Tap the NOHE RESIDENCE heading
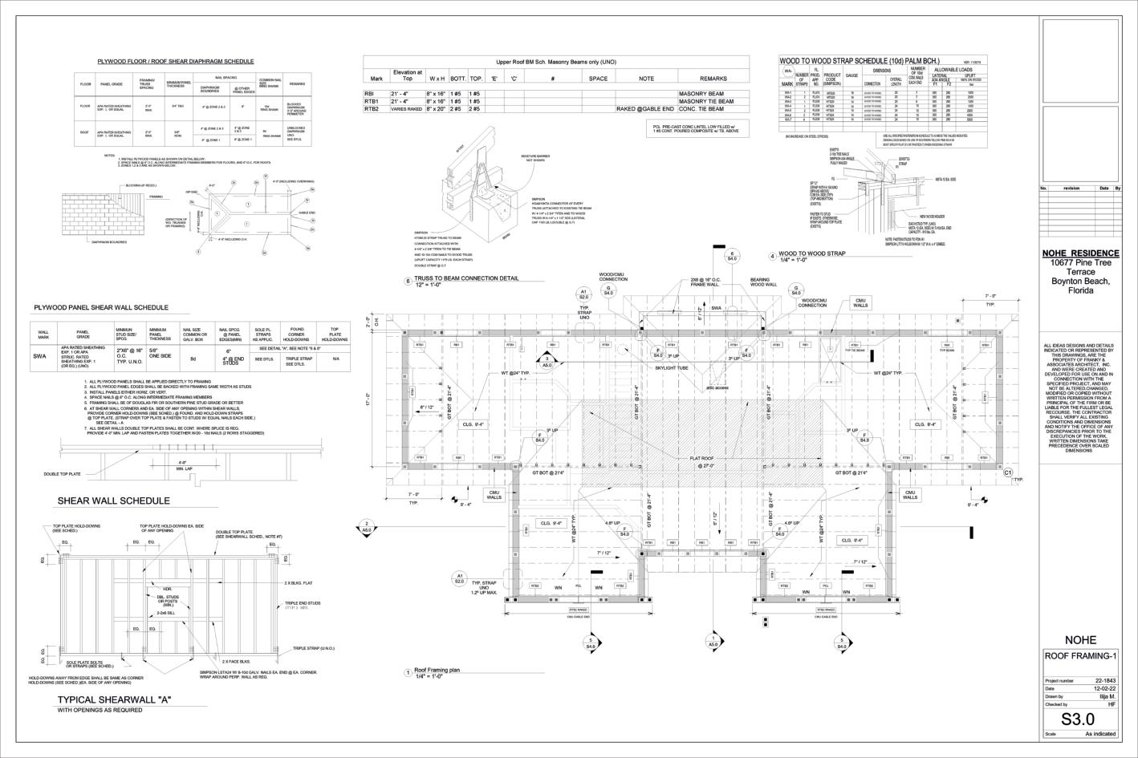point(1079,253)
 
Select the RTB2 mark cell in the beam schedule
point(372,109)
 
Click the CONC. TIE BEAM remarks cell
point(701,109)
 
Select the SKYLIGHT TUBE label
point(673,367)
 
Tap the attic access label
point(717,387)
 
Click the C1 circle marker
point(1008,473)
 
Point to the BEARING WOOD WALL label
point(764,282)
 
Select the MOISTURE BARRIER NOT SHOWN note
point(535,158)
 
